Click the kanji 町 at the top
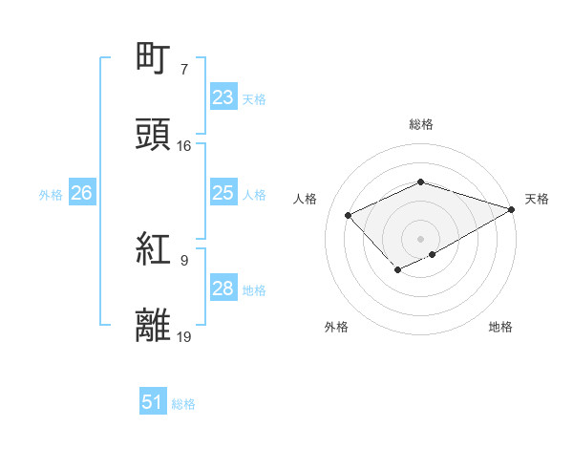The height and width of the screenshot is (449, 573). [x=154, y=58]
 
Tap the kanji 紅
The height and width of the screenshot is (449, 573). [x=154, y=250]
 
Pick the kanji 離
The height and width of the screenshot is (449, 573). [x=154, y=326]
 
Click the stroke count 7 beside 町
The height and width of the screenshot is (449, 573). [x=184, y=69]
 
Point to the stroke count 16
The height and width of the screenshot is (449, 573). [x=184, y=146]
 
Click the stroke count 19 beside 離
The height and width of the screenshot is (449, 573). [x=184, y=336]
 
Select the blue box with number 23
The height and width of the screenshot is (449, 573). [x=223, y=97]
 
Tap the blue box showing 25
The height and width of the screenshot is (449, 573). [x=223, y=193]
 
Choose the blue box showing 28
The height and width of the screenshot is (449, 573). [x=223, y=289]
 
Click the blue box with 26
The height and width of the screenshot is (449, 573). [x=81, y=193]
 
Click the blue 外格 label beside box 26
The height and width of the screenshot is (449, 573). [x=51, y=194]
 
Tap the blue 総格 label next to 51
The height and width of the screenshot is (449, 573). [x=183, y=404]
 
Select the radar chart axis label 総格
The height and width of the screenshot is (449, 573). [x=421, y=124]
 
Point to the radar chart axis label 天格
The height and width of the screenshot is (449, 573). [x=537, y=199]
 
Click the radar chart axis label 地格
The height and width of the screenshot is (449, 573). [x=500, y=328]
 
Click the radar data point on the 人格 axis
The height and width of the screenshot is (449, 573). [x=349, y=215]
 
